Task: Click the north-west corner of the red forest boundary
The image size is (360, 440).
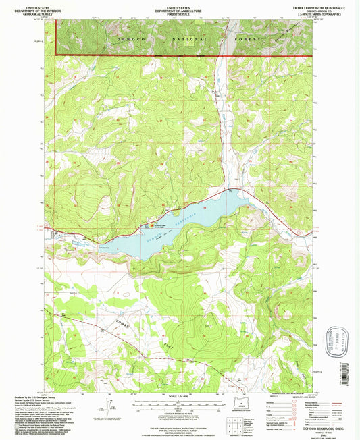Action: [55, 55]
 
